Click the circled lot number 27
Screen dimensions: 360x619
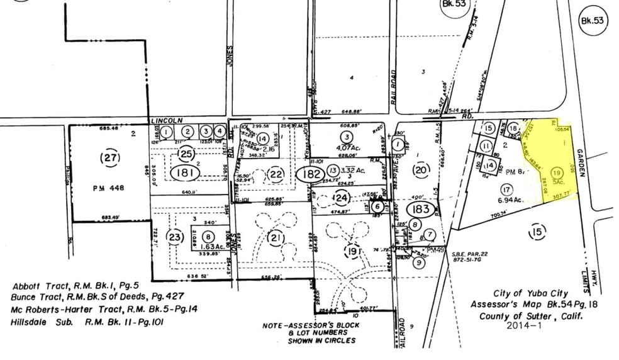point(111,158)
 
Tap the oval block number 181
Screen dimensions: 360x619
point(186,172)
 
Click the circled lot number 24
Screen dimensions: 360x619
point(340,199)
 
